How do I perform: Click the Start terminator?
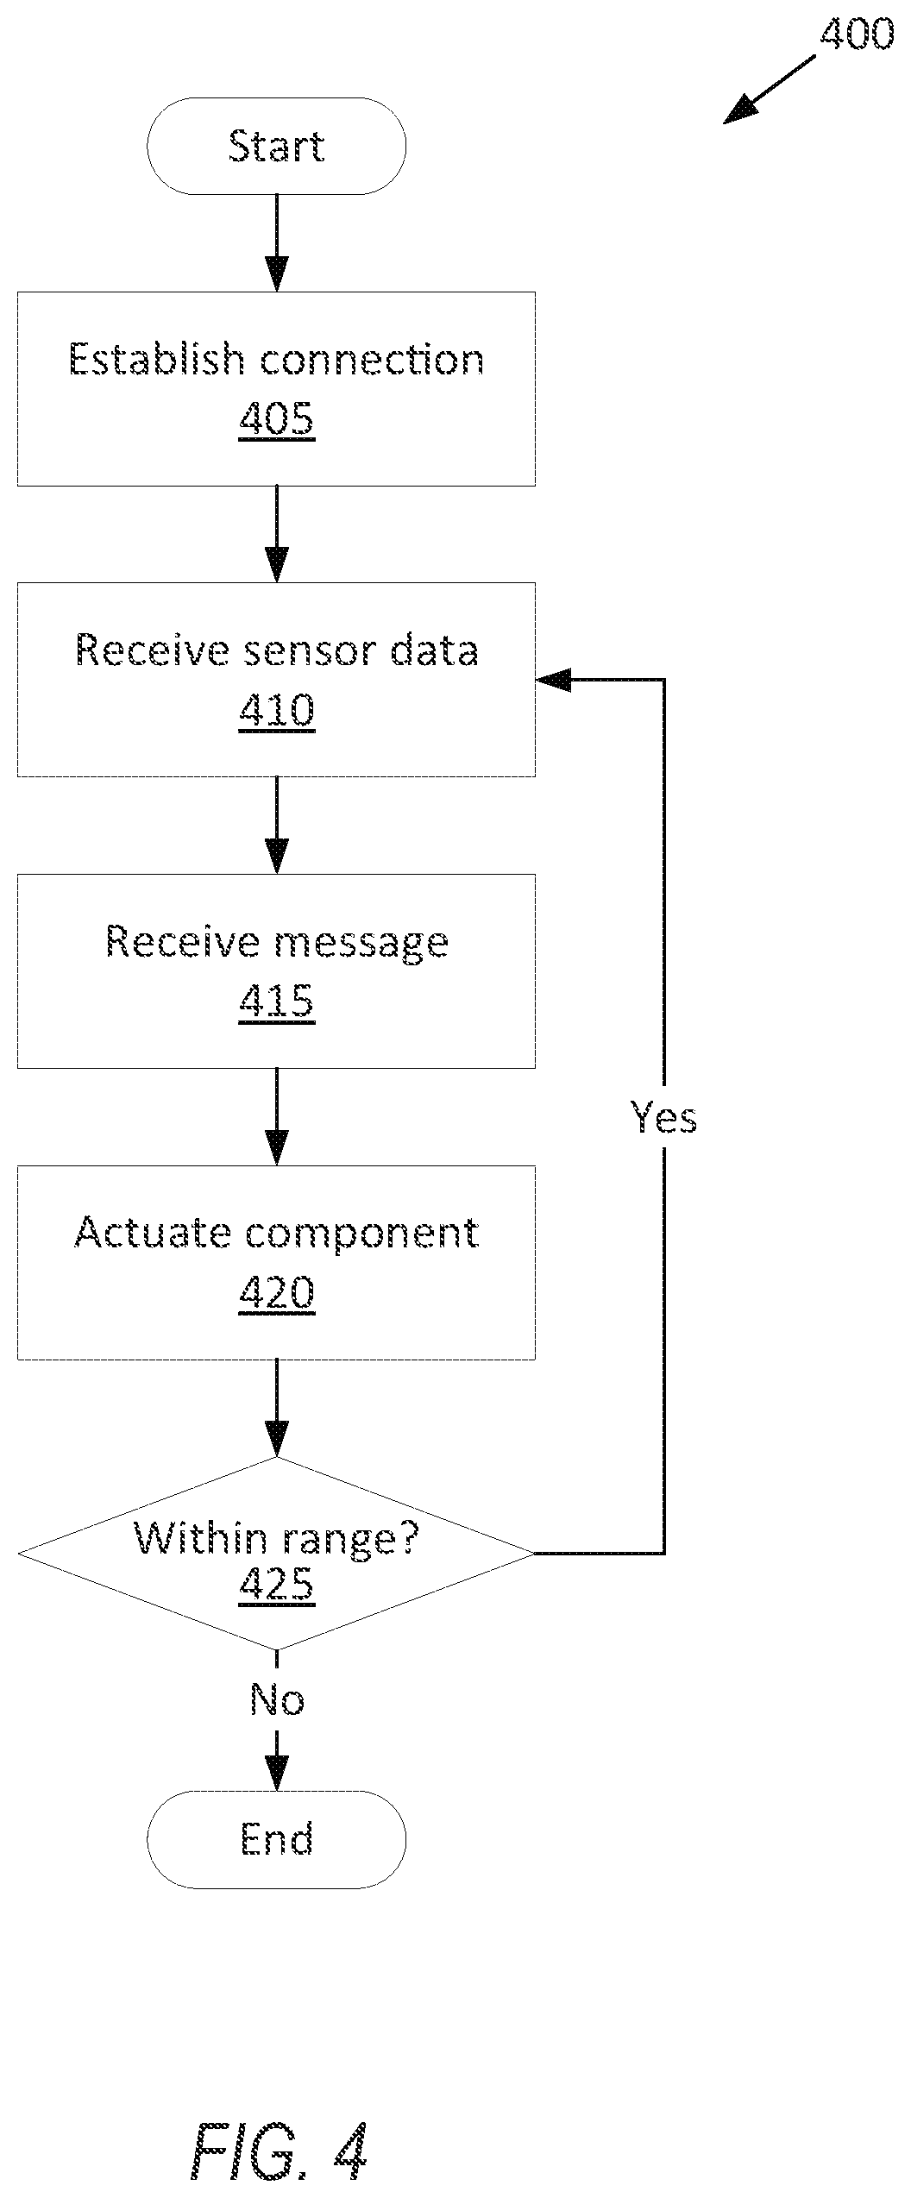point(276,146)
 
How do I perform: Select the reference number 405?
point(277,420)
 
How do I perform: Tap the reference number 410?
point(277,712)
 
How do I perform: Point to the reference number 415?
point(277,1002)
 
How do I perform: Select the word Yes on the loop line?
point(663,1117)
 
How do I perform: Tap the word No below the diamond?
point(277,1699)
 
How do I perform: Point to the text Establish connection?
point(276,360)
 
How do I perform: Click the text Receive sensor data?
point(276,650)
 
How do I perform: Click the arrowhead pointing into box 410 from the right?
point(553,680)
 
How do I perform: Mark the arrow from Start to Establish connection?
point(277,243)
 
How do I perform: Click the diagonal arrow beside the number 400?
point(769,90)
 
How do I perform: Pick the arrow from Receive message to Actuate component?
point(277,1117)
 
